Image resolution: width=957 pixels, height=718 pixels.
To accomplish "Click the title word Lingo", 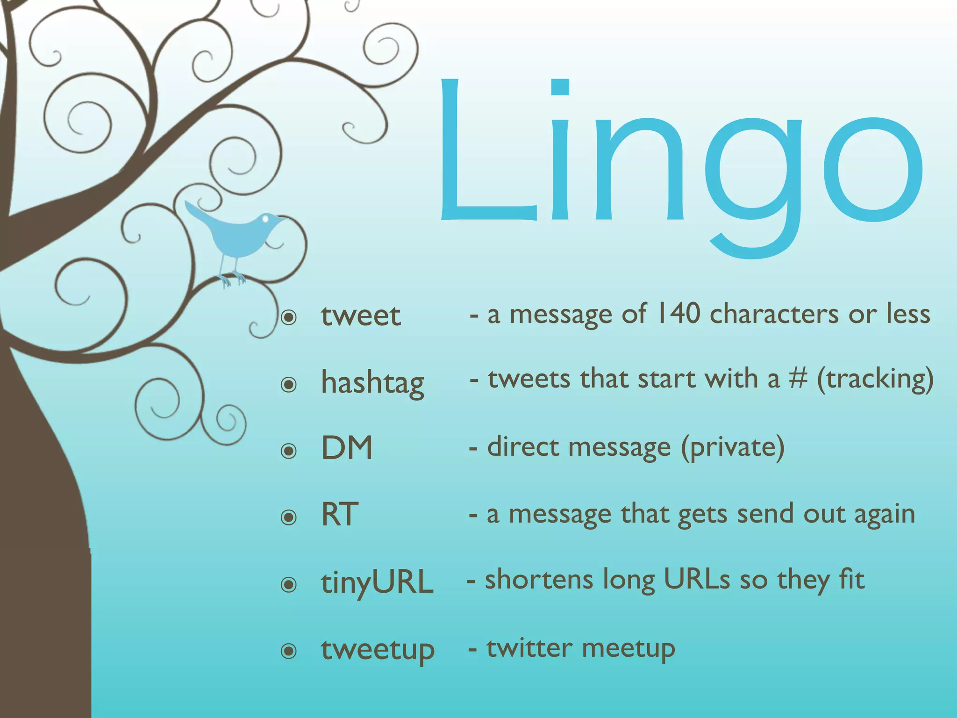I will click(x=678, y=154).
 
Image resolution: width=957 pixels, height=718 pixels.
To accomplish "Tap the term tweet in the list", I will click(x=360, y=316).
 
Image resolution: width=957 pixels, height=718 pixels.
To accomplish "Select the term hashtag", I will click(x=372, y=383).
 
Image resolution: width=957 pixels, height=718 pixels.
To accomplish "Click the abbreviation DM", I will click(x=347, y=448).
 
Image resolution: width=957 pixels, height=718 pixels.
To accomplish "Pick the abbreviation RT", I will click(x=340, y=514).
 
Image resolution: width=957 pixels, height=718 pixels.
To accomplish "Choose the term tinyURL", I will click(x=377, y=582).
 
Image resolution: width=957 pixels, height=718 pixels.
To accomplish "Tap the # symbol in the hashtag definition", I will click(x=798, y=379).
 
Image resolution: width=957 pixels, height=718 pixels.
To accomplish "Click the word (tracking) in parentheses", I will click(x=875, y=380).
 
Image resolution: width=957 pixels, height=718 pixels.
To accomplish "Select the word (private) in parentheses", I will click(x=732, y=447).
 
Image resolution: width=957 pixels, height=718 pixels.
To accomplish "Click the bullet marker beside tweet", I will click(x=289, y=318).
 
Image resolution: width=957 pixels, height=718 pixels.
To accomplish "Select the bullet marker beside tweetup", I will click(x=289, y=651).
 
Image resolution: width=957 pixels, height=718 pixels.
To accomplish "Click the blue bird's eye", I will click(x=266, y=218).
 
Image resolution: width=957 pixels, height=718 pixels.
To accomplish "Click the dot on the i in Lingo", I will click(x=559, y=87).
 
